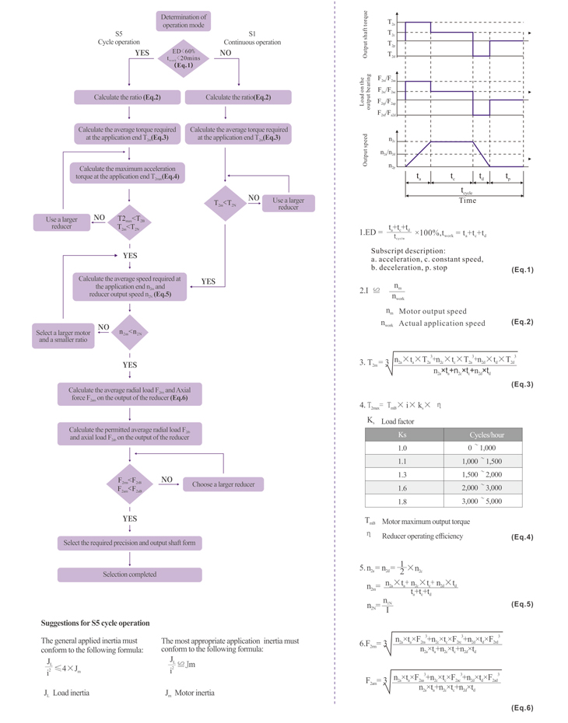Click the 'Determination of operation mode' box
(x=184, y=21)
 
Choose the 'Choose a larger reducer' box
(x=223, y=484)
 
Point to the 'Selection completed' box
(x=130, y=575)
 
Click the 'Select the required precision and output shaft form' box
(x=130, y=543)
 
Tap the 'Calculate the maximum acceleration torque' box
(x=127, y=172)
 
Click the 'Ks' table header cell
(x=402, y=435)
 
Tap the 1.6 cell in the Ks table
(x=402, y=487)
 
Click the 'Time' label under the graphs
(x=467, y=201)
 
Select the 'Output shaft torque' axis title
(x=365, y=35)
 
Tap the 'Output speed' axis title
(x=365, y=150)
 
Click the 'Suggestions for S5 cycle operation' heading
(x=95, y=623)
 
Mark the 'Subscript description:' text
(x=408, y=251)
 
